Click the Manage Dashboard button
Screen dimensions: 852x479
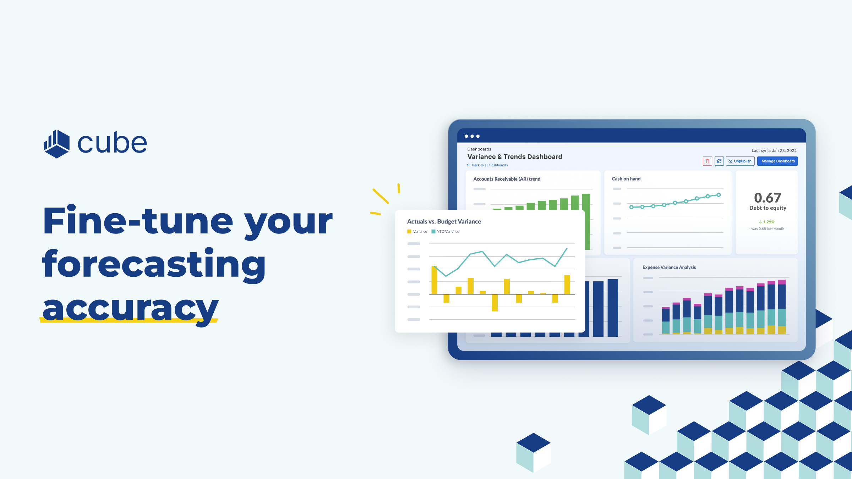[777, 161]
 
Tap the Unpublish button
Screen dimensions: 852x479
[740, 161]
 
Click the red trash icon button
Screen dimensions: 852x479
[708, 161]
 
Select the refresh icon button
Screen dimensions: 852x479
[719, 161]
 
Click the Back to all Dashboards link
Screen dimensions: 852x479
[487, 165]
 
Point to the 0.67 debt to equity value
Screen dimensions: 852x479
[768, 198]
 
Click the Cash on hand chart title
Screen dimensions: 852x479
[626, 179]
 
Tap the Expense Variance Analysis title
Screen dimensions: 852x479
[669, 267]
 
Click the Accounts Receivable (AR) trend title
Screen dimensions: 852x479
[507, 179]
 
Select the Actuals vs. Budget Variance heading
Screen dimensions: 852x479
[444, 221]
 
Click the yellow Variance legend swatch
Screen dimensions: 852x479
[409, 232]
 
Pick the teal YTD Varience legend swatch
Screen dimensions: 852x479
[433, 232]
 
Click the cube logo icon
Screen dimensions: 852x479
[57, 144]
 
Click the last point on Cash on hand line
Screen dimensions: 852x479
[719, 195]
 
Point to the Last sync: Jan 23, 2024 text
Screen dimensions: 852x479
[774, 150]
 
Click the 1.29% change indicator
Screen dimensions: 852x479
[766, 222]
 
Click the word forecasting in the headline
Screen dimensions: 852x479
[154, 264]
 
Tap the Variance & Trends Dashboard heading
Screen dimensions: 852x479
[515, 157]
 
